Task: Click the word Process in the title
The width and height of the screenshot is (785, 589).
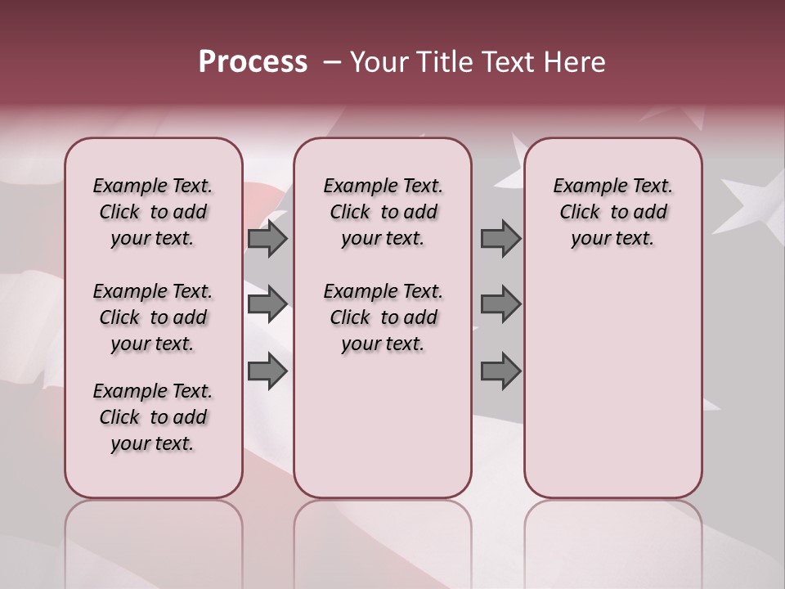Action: (x=253, y=62)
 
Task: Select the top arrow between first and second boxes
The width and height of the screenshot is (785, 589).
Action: (x=267, y=238)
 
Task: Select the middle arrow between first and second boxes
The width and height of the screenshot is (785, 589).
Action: (x=267, y=304)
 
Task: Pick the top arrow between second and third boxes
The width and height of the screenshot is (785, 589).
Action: (x=500, y=238)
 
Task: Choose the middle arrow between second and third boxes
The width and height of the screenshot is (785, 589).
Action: (x=500, y=304)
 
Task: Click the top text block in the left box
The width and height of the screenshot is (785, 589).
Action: (x=153, y=212)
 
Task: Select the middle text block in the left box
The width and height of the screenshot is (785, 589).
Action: (x=153, y=317)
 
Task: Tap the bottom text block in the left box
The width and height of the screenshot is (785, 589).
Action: (x=153, y=417)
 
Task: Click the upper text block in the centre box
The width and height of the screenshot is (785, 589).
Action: (x=383, y=212)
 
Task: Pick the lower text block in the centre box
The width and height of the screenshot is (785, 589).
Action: (x=383, y=317)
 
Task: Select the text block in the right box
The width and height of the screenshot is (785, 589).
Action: (x=612, y=212)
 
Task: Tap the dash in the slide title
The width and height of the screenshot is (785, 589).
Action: (x=331, y=62)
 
